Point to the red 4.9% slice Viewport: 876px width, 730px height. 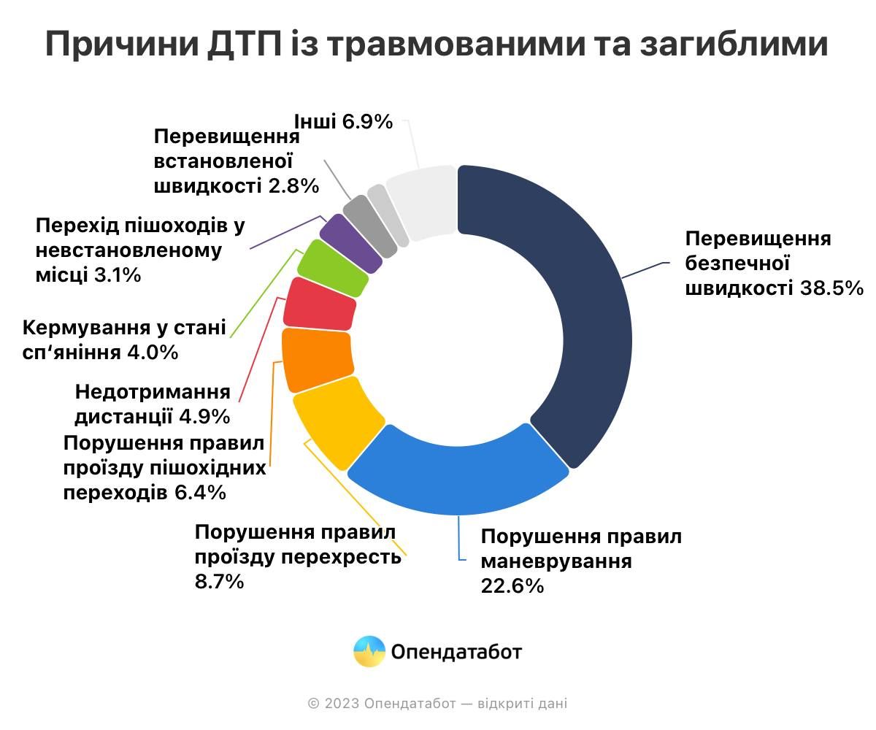pos(320,302)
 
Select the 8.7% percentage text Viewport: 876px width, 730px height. pos(219,582)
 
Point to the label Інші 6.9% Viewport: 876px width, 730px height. pos(343,122)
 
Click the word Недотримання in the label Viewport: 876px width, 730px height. pos(153,392)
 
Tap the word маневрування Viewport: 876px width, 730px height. pos(556,561)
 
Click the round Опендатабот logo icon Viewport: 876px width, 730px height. pos(369,651)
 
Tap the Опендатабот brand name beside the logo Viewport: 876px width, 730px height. pos(456,651)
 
